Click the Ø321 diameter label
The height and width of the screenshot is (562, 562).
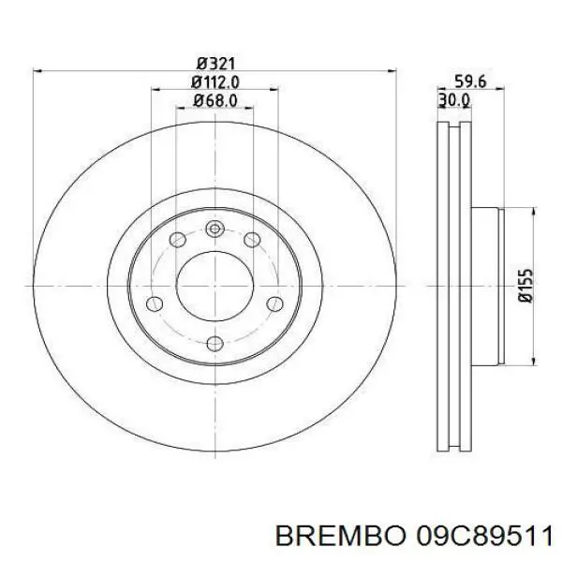[x=214, y=63]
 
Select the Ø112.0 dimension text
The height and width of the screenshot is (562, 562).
[x=214, y=81]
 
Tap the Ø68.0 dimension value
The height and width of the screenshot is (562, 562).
[x=214, y=100]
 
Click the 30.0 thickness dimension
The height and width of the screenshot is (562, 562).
[x=453, y=100]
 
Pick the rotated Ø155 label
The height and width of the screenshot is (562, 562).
[x=525, y=285]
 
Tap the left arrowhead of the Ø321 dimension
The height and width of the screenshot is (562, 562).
[x=37, y=71]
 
